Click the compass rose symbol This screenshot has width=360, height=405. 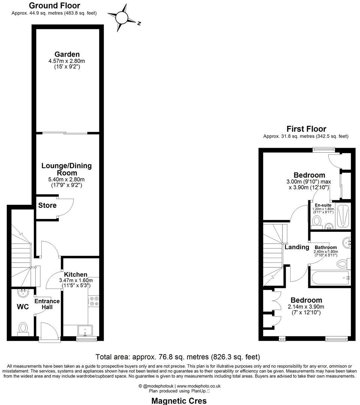(x=122, y=18)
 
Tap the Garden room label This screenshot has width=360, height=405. (x=67, y=54)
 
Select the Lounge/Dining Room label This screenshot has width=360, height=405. (x=66, y=169)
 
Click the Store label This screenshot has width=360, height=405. (x=47, y=205)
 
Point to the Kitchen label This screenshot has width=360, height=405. (x=75, y=274)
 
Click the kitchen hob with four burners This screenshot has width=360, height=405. (x=93, y=301)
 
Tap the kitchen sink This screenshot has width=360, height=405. (x=85, y=330)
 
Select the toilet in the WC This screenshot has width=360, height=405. (x=23, y=328)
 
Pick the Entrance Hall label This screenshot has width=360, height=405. (x=47, y=304)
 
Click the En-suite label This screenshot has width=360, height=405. (x=323, y=205)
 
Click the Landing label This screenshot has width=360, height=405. (x=297, y=247)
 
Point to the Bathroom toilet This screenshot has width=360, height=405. (x=343, y=264)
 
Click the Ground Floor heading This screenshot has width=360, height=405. (x=54, y=5)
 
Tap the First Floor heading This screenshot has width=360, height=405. (x=306, y=129)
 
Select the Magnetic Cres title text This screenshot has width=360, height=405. (x=179, y=401)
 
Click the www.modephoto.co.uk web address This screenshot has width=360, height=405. (x=198, y=386)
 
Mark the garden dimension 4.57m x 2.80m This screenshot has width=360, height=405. (x=67, y=61)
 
